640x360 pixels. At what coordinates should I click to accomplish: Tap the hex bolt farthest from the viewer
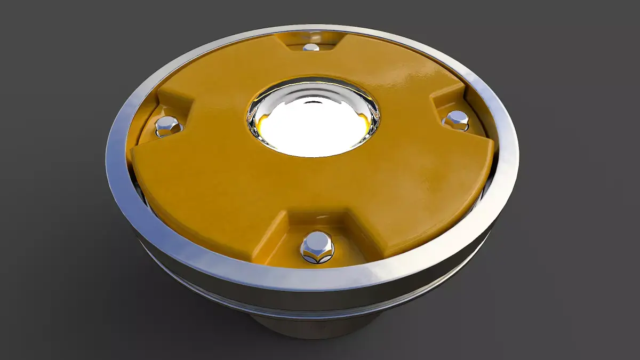(310, 47)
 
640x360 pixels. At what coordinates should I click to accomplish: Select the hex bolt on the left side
(169, 126)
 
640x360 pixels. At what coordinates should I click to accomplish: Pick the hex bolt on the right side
(456, 119)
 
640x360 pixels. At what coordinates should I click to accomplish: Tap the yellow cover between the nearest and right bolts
(421, 192)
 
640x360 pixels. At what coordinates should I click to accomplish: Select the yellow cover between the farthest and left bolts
(224, 75)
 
